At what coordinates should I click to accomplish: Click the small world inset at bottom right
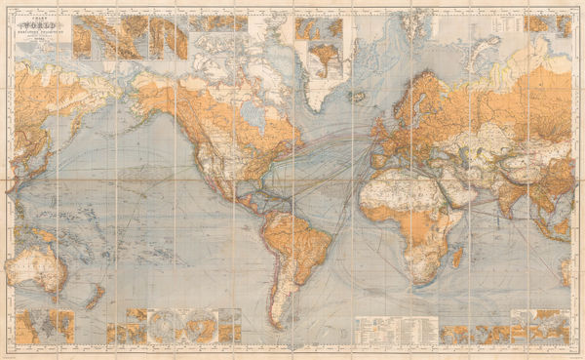(x=542, y=327)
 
